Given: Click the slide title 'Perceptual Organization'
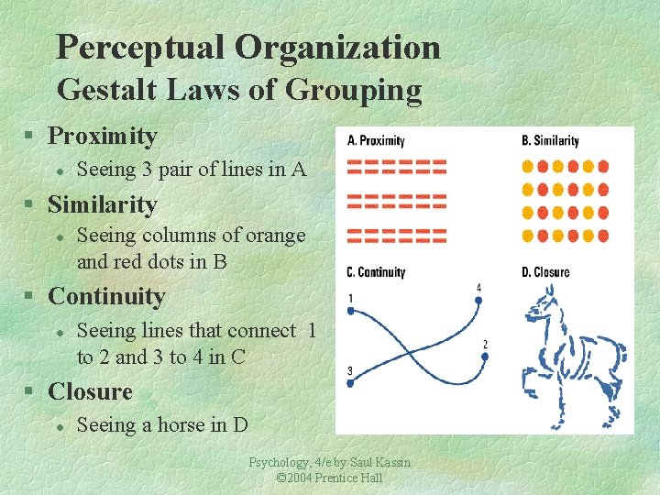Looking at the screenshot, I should click(247, 48).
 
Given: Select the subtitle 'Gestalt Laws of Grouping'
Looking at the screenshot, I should click(239, 91).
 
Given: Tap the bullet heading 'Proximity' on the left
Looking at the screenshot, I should click(103, 137).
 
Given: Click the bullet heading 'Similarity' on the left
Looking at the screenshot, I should click(103, 204).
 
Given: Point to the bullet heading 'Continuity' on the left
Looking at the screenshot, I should click(106, 297).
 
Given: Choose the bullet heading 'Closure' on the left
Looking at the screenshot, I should click(90, 392).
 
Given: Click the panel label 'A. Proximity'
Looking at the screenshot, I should click(377, 141).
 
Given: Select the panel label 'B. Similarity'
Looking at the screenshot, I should click(550, 141).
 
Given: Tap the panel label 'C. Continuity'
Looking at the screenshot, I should click(376, 272).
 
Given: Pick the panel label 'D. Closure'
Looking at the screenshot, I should click(545, 272).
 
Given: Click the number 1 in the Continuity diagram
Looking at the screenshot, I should click(351, 297).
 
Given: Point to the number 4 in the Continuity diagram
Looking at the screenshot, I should click(478, 289).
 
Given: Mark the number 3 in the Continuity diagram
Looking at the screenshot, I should click(351, 370).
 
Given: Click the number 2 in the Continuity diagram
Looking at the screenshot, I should click(485, 345).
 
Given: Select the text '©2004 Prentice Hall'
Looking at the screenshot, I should click(329, 478).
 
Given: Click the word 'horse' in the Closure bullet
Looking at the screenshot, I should click(176, 425).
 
